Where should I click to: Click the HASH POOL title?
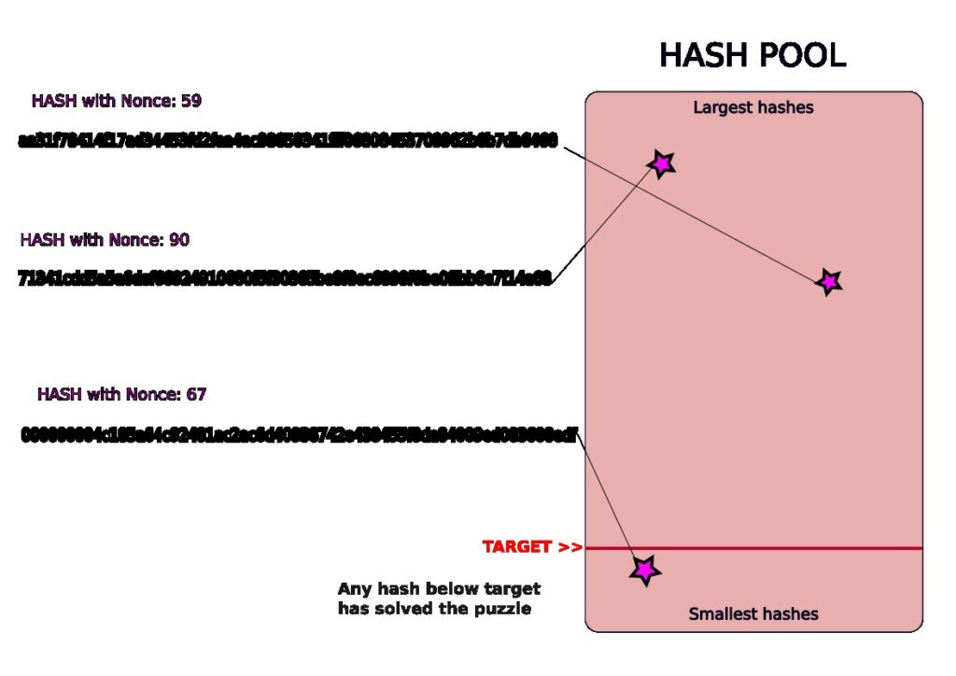[752, 55]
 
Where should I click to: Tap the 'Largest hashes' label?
[752, 107]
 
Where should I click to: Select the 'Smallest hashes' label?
[752, 613]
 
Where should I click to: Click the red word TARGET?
[517, 547]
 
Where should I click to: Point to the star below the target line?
[644, 569]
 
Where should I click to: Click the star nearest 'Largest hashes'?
[661, 164]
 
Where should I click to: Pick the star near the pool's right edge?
[828, 280]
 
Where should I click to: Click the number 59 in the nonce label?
[190, 101]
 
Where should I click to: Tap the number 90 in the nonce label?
[178, 240]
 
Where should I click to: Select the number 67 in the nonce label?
[196, 394]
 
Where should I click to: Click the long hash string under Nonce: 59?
[288, 141]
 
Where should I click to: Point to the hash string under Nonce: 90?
[285, 278]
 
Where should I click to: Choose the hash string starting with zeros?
[299, 434]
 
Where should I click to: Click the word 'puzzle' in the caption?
[502, 609]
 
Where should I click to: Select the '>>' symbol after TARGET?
[570, 547]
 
